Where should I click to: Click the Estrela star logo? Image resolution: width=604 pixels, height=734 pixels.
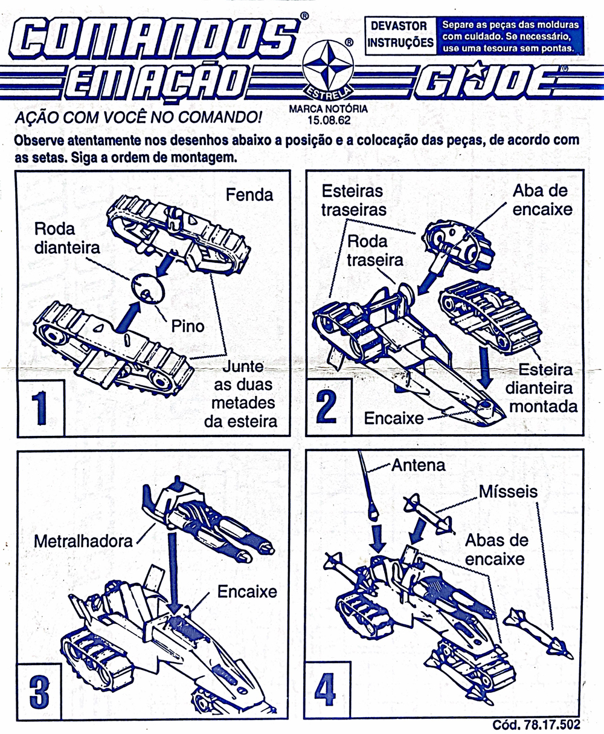coord(328,70)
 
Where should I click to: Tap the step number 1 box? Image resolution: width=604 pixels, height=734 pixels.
coord(40,408)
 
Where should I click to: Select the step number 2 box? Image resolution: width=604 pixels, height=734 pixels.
coord(329,408)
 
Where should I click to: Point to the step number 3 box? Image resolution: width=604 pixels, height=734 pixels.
coord(39,692)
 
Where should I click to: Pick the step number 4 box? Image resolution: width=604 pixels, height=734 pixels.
coord(327,689)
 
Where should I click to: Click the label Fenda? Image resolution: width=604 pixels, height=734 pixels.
coord(249,195)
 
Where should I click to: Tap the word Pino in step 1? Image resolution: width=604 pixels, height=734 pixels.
coord(187,326)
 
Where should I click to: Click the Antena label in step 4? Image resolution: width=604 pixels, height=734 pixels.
coord(418,466)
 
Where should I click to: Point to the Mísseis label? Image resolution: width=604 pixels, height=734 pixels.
coord(508,492)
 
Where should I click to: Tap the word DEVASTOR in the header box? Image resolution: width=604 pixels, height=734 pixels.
coord(399,26)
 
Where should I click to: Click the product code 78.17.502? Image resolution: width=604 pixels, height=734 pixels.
coord(552,725)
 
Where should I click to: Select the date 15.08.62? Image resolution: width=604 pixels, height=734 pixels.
coord(329,120)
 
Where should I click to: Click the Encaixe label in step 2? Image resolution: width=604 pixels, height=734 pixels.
coord(394,418)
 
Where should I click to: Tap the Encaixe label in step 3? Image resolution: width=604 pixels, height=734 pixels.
coord(247,592)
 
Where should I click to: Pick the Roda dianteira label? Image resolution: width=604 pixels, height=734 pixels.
coord(67,239)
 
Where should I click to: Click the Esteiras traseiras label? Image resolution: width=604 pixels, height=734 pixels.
coord(354,201)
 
